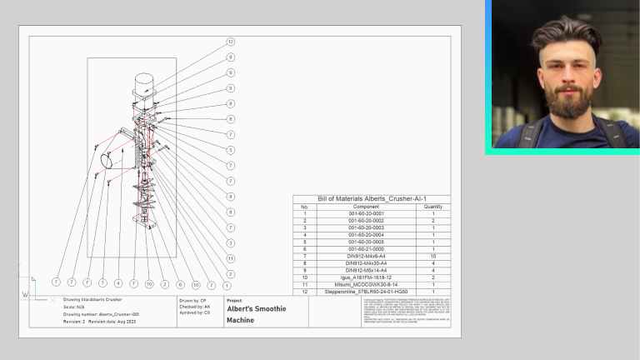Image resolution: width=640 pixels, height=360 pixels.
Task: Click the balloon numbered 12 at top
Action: (x=230, y=42)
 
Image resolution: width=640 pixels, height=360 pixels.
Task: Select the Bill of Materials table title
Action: (x=372, y=199)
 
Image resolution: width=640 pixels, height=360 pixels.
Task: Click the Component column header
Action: (x=366, y=207)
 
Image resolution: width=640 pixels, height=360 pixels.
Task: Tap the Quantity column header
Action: (x=433, y=207)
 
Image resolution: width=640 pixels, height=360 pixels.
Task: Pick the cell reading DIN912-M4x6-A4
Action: (x=366, y=256)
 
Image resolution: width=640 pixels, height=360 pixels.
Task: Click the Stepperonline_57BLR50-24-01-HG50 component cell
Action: (x=366, y=292)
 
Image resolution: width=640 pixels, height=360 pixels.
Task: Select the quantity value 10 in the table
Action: (x=433, y=256)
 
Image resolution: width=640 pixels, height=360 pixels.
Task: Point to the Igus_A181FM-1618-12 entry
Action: (x=366, y=277)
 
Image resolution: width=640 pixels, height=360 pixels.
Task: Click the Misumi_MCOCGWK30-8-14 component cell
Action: (x=366, y=284)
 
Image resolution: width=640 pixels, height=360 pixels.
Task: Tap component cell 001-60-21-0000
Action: (x=366, y=248)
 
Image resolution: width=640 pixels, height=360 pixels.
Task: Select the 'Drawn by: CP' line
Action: (x=192, y=299)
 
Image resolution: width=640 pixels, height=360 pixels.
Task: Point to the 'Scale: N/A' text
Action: (x=75, y=307)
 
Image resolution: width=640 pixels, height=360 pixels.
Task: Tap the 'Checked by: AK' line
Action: (x=195, y=307)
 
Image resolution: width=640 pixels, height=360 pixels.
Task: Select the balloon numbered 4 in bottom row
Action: (x=118, y=284)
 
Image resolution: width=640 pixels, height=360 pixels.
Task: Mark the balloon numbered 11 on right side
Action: (x=230, y=258)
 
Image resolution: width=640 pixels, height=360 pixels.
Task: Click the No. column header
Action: (x=304, y=207)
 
